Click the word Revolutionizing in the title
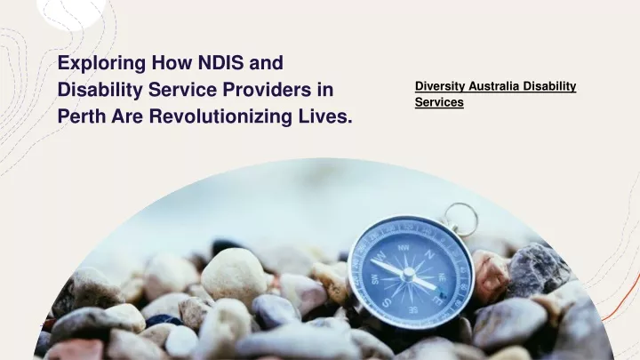[x=220, y=116]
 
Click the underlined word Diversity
[x=440, y=86]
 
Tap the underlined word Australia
[x=494, y=86]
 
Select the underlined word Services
[x=439, y=102]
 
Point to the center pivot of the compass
[x=409, y=273]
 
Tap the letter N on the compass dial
[x=429, y=254]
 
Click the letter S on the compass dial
[x=386, y=303]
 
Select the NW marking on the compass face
[x=404, y=248]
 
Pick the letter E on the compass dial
[x=437, y=300]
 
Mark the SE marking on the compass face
[x=412, y=310]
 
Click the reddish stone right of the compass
[x=489, y=275]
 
